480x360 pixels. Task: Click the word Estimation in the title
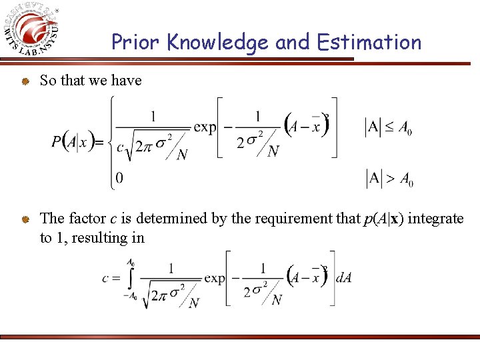coord(369,43)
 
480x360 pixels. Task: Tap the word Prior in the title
coord(136,43)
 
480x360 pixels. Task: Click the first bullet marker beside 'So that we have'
coord(23,81)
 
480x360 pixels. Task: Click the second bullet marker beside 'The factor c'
coord(23,219)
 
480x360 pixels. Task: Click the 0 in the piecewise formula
coord(119,178)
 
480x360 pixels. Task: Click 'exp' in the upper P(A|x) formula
coord(204,127)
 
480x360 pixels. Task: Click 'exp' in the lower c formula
coord(215,278)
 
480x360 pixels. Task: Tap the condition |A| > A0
coord(389,178)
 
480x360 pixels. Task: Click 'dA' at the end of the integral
coord(343,278)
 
